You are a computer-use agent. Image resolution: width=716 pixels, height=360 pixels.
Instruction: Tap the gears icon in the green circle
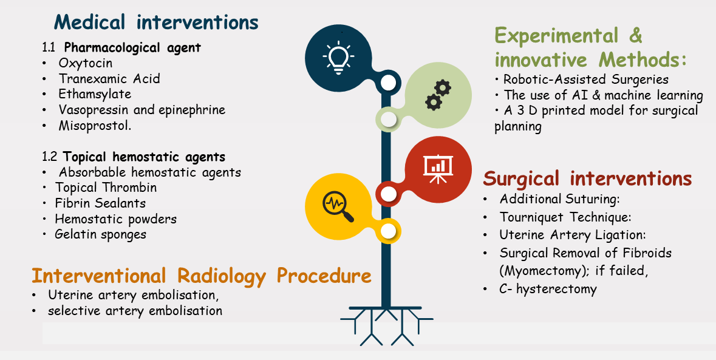point(438,95)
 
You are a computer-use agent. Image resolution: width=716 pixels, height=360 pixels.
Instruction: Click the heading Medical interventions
point(156,22)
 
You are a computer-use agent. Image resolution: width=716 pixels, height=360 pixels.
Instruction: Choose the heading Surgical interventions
point(588,178)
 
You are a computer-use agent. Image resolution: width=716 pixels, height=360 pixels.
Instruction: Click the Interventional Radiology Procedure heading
point(202,276)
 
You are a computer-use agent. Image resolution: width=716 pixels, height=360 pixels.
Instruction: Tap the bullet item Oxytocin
point(86,63)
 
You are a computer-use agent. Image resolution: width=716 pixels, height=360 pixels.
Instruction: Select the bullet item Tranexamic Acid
point(109,78)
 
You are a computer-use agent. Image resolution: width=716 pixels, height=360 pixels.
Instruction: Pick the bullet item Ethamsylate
point(95,94)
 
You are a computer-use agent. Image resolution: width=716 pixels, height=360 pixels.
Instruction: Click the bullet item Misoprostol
point(95,126)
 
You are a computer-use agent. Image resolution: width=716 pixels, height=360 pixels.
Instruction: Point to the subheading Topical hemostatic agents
point(145,157)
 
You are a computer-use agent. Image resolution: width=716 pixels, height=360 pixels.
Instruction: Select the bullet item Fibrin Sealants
point(100,203)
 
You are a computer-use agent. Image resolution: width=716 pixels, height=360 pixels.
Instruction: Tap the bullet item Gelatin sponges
point(100,234)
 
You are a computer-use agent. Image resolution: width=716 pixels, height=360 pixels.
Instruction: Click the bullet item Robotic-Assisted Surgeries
point(586,80)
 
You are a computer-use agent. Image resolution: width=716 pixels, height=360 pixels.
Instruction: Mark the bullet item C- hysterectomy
point(548,289)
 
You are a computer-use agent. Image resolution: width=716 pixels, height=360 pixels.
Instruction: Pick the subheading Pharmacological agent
point(132,47)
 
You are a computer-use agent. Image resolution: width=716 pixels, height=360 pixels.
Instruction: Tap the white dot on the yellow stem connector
point(388,231)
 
